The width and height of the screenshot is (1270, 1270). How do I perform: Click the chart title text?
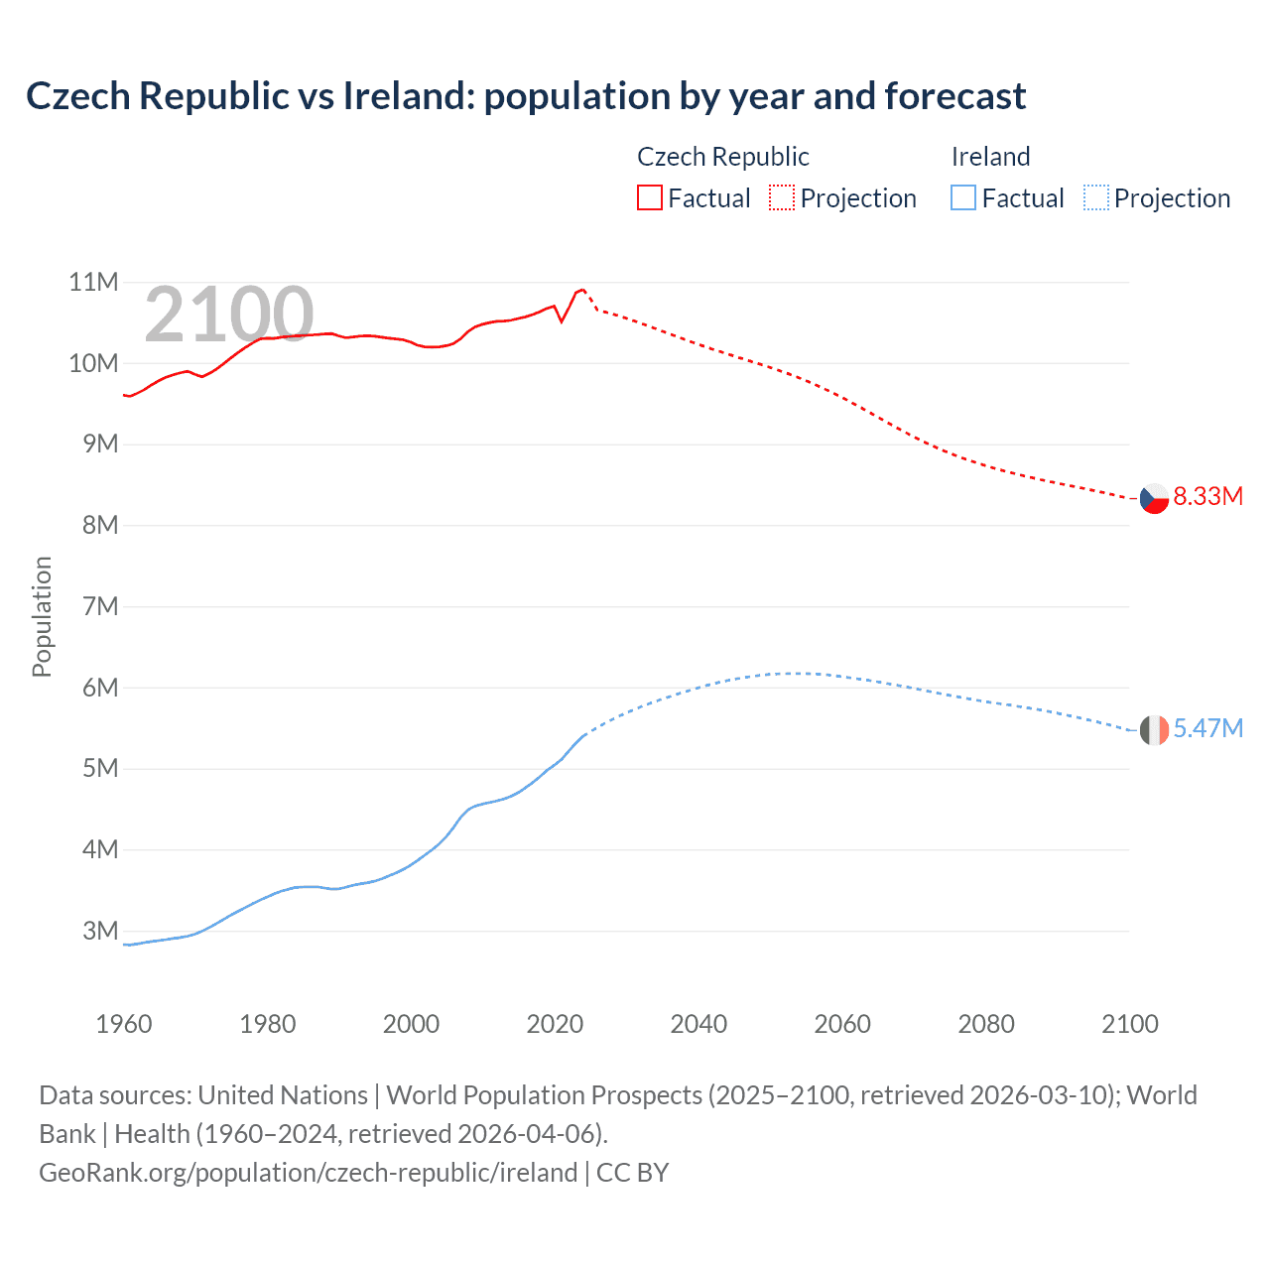(x=526, y=96)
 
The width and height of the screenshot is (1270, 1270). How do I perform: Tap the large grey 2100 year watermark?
(x=229, y=315)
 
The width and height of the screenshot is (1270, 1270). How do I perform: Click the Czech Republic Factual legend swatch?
(x=649, y=197)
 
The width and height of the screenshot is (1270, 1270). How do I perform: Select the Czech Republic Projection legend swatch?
(x=782, y=197)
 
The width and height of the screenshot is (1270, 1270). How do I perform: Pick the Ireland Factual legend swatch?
(x=962, y=197)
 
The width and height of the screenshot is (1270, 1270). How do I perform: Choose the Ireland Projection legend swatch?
(x=1095, y=197)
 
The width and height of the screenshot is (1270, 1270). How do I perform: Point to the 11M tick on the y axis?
(x=93, y=283)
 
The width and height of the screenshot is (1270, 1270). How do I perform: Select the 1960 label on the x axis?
(x=124, y=1024)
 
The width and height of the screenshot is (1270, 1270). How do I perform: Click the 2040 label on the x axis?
(x=698, y=1024)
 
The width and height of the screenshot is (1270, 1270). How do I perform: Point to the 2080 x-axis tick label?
(x=986, y=1024)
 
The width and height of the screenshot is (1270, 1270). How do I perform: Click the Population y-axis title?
(x=42, y=616)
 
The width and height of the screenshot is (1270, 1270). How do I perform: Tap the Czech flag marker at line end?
(x=1154, y=498)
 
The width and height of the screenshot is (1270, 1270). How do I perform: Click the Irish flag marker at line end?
(x=1154, y=730)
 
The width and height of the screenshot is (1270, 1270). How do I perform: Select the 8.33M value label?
(x=1207, y=496)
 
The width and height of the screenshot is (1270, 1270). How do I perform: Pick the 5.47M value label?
(x=1207, y=728)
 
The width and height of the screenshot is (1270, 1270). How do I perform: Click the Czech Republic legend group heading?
(x=722, y=157)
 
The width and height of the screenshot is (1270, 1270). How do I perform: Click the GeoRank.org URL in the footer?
(x=308, y=1173)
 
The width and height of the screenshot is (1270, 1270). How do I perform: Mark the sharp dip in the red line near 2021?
(x=562, y=321)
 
